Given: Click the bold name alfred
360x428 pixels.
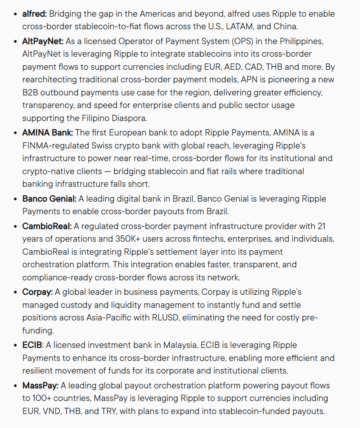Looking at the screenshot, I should [x=34, y=14].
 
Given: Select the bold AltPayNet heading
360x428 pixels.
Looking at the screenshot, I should [x=43, y=41].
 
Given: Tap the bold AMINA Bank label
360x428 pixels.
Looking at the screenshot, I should [x=48, y=132].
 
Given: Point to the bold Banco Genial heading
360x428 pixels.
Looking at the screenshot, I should [x=49, y=198].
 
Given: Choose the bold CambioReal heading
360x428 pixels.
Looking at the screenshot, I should [x=47, y=225].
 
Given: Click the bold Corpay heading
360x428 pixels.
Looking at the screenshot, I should [x=37, y=292].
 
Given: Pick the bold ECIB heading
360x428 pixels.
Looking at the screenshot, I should [x=32, y=345].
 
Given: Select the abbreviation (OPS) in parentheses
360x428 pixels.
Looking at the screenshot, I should [x=241, y=41].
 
